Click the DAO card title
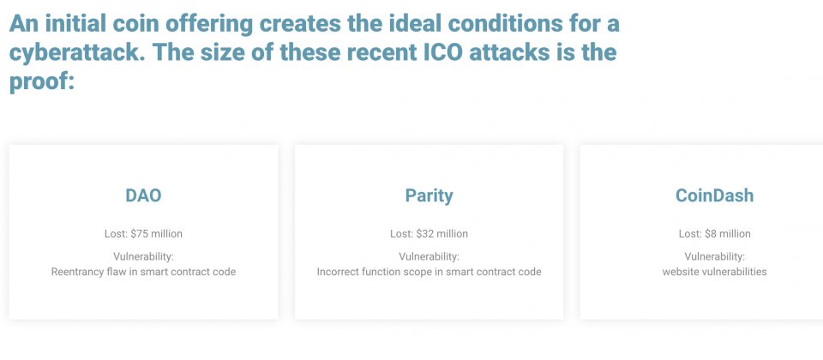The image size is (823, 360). [143, 195]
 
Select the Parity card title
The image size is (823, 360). [429, 196]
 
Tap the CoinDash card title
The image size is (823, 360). [714, 195]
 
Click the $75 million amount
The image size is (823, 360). [156, 233]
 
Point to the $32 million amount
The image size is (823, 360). [442, 233]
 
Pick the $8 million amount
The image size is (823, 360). [728, 233]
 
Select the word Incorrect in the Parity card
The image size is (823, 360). [336, 272]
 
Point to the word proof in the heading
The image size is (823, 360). [39, 82]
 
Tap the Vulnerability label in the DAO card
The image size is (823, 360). [143, 256]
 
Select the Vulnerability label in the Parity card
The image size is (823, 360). [429, 256]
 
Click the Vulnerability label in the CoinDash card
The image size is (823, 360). [714, 256]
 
